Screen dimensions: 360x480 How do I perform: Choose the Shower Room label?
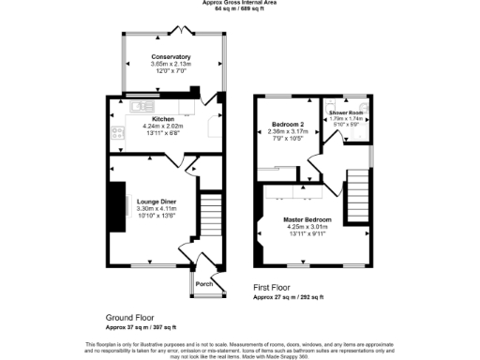[346, 112]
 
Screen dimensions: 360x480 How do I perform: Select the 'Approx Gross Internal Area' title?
[239, 4]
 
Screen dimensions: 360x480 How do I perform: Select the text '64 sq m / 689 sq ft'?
[239, 10]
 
